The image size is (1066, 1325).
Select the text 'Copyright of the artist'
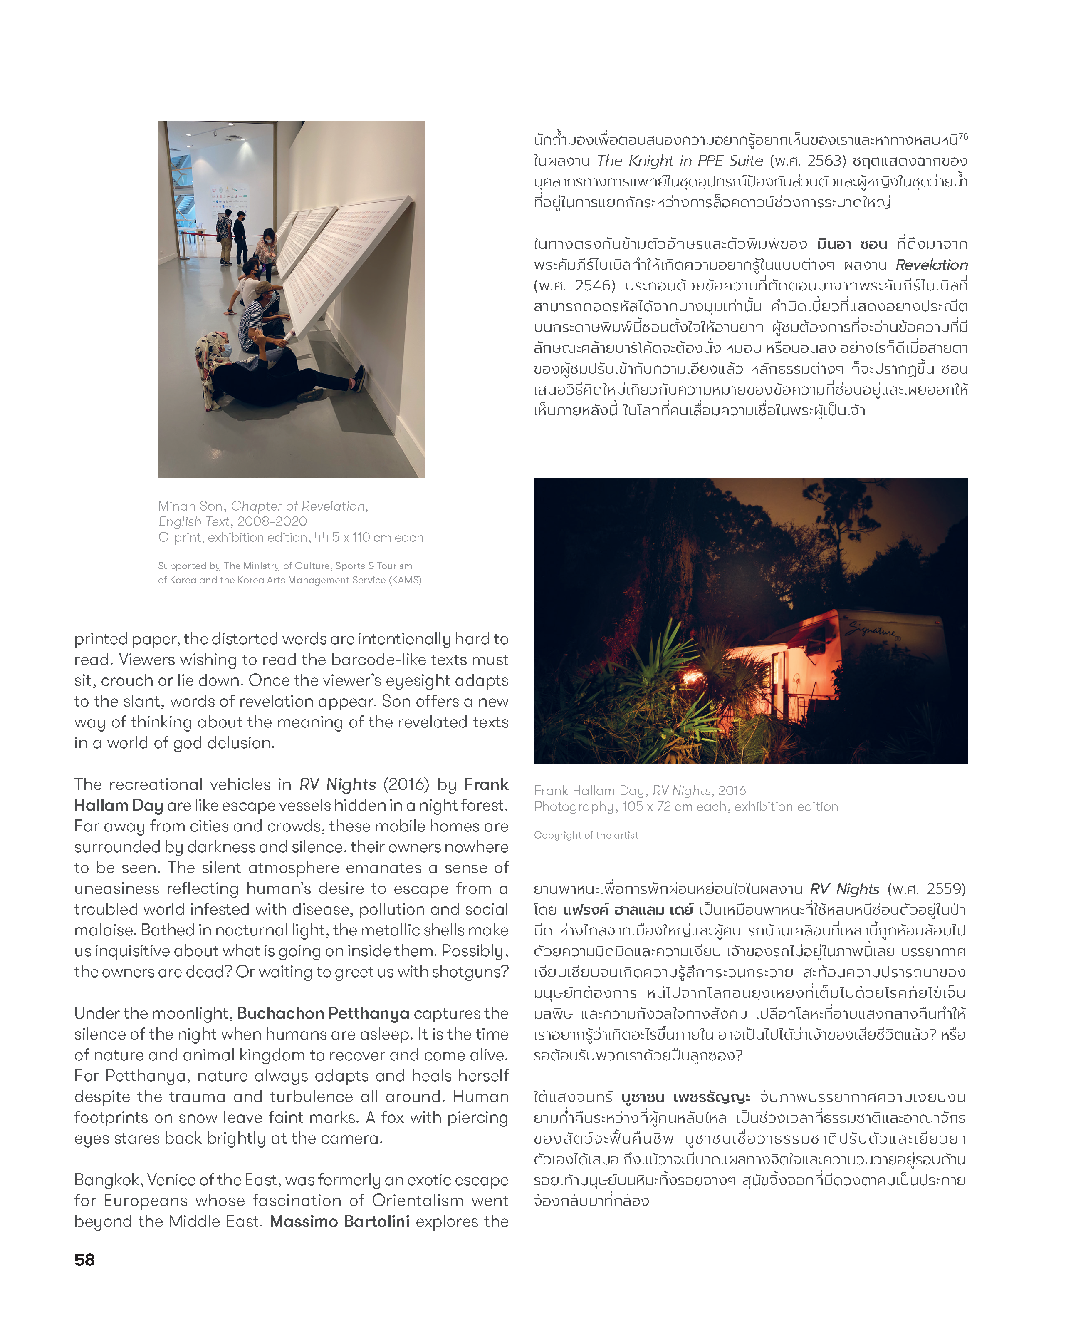[x=586, y=835]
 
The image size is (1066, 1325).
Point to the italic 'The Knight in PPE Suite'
[x=680, y=161]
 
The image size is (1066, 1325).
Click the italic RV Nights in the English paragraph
[x=337, y=784]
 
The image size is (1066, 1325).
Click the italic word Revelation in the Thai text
[x=931, y=265]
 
